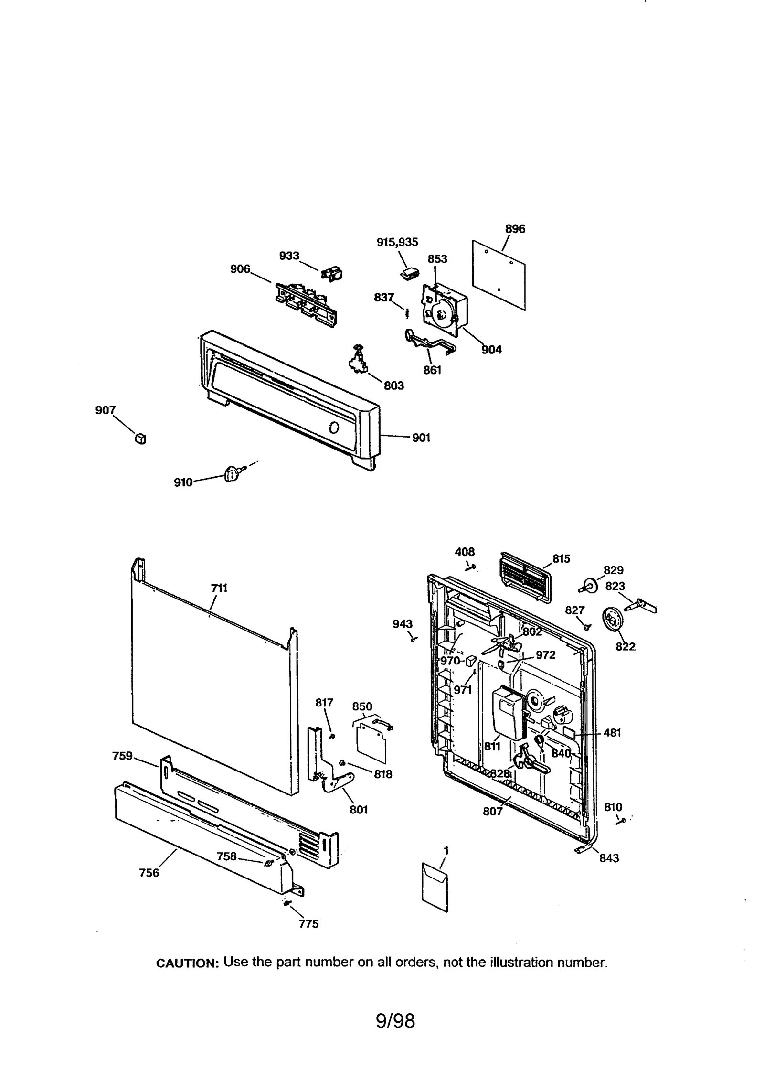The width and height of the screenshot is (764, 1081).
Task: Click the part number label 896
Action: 515,229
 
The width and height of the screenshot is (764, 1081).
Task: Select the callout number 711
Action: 219,588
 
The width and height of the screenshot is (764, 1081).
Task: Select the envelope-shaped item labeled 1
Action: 435,886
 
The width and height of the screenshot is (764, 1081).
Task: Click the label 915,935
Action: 397,242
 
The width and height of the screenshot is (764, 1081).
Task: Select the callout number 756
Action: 149,873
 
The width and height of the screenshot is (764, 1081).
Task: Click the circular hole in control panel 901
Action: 334,428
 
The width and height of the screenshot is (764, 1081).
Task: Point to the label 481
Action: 612,733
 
